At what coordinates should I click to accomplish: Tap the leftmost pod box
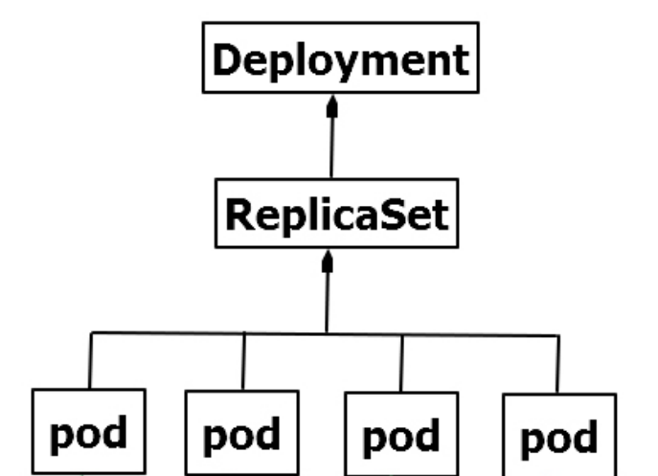(x=88, y=432)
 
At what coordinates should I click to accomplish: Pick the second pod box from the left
(x=241, y=434)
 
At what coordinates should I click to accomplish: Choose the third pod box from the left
(x=400, y=436)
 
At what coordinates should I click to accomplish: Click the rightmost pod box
(x=558, y=437)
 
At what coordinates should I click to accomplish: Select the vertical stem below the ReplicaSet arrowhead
(x=327, y=302)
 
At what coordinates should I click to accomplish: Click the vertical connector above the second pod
(x=243, y=362)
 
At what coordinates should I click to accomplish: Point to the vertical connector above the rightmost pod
(x=557, y=365)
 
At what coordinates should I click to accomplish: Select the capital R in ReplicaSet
(x=238, y=214)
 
